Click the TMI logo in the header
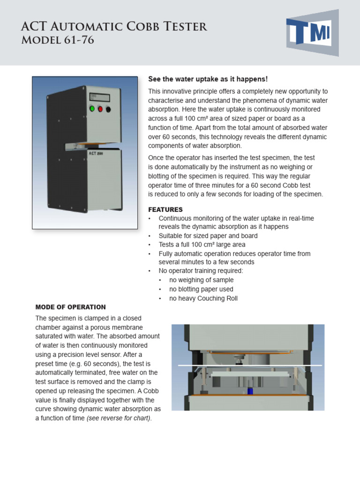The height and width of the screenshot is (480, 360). tap(312, 33)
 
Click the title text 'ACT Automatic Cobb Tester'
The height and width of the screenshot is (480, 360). tap(114, 27)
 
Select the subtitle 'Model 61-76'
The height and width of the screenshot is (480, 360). tap(58, 40)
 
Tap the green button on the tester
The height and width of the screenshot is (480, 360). tap(92, 109)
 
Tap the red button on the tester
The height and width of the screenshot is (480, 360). tap(100, 109)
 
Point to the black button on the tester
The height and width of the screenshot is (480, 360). tap(108, 109)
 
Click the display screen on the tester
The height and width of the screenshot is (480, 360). tap(99, 97)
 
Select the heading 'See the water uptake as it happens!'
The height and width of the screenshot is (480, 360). tap(208, 79)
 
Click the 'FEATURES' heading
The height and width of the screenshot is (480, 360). tap(165, 210)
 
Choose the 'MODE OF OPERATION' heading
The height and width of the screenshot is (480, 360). tap(71, 307)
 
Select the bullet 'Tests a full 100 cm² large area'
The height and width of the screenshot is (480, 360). tap(202, 245)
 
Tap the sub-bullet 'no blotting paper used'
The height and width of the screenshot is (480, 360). tap(201, 289)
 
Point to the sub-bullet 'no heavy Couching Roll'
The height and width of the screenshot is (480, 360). tap(203, 298)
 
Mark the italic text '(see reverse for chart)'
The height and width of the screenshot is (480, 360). tap(119, 418)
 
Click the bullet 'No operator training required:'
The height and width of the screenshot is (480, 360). tap(201, 271)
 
